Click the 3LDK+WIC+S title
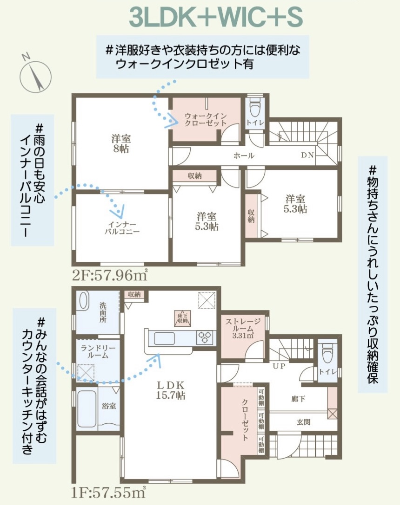click(216, 18)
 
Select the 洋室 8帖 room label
click(121, 143)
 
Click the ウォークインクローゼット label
click(206, 119)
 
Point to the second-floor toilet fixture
click(255, 107)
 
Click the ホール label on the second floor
click(244, 156)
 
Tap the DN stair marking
click(307, 155)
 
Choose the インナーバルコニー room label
click(122, 228)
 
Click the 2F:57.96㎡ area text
click(110, 275)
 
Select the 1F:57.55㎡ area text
click(108, 492)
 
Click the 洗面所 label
click(103, 312)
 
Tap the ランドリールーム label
click(98, 352)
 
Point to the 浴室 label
click(109, 406)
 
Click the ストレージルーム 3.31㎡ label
click(243, 328)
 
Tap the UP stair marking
click(279, 366)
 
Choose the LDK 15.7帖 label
click(170, 390)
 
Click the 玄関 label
click(303, 422)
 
